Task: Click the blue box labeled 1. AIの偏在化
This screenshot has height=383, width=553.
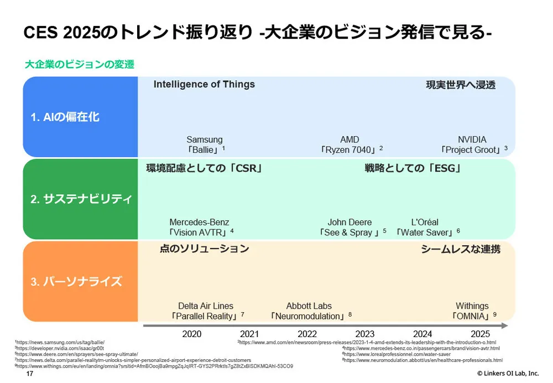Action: [x=80, y=117]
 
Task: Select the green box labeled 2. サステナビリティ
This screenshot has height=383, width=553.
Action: [x=80, y=199]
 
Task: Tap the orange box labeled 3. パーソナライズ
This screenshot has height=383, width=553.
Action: [x=80, y=281]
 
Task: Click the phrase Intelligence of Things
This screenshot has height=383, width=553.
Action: [x=204, y=84]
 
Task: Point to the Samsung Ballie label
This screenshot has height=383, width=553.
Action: [x=205, y=144]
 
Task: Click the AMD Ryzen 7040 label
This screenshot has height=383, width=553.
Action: [x=350, y=144]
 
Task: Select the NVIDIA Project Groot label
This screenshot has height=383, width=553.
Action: [x=472, y=144]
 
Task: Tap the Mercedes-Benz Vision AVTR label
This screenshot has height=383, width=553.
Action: [x=200, y=227]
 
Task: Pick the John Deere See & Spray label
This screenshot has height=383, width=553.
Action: [x=351, y=227]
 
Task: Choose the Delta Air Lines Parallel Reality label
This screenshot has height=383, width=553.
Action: [x=206, y=311]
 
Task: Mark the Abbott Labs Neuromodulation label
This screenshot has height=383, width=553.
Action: [x=309, y=311]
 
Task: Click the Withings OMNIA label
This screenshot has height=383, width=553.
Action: [x=472, y=311]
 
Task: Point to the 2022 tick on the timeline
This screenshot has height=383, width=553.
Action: [x=307, y=334]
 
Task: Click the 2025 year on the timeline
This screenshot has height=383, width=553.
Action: [x=480, y=334]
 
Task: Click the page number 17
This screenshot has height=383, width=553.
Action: [x=30, y=374]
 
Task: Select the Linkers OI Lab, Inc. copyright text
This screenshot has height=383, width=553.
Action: [x=508, y=374]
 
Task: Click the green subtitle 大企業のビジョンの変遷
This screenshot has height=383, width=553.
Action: [x=80, y=64]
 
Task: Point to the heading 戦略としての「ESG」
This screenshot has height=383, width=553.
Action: [x=413, y=168]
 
